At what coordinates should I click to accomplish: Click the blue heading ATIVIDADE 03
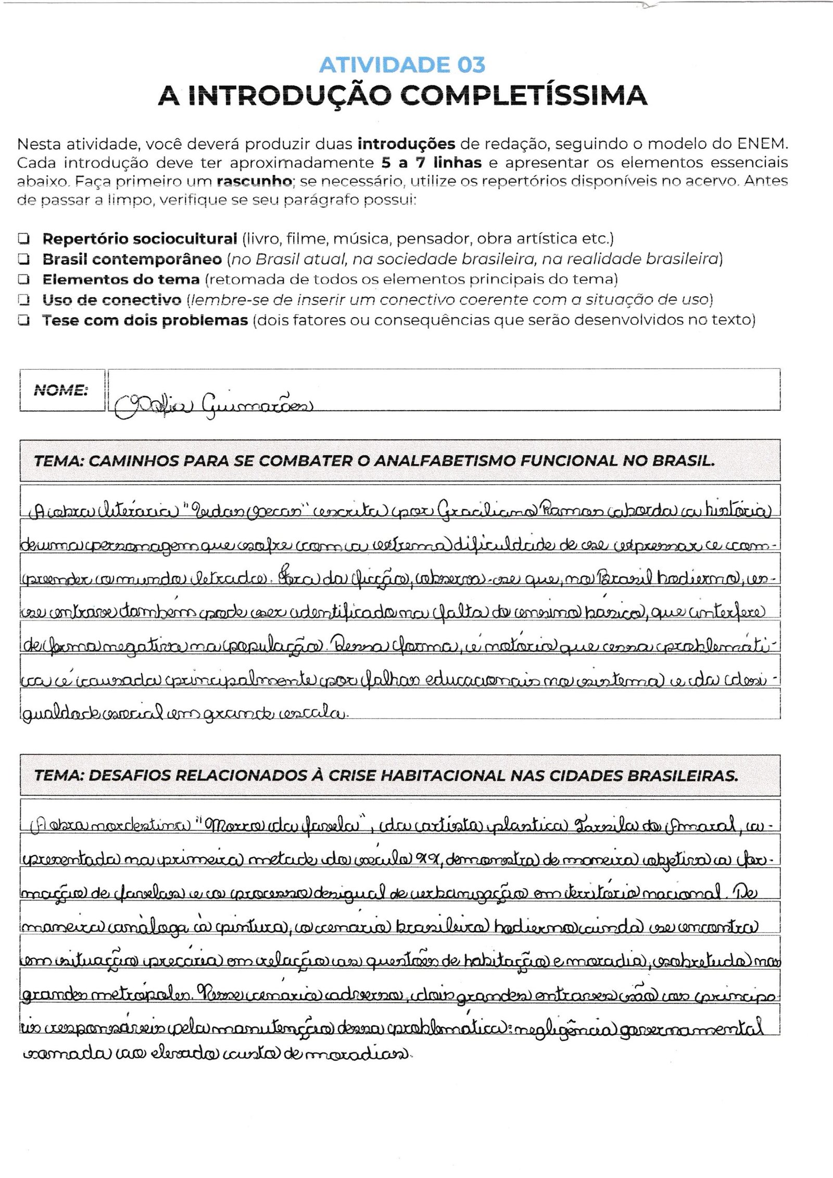point(402,65)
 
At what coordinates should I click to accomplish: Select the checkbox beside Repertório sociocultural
point(23,239)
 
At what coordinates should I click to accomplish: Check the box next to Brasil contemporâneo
point(23,259)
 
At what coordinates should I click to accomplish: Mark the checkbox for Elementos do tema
point(23,280)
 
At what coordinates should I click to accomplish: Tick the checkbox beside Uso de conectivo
point(23,300)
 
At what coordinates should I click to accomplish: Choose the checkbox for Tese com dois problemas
point(23,320)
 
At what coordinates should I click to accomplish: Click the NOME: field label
point(60,390)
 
